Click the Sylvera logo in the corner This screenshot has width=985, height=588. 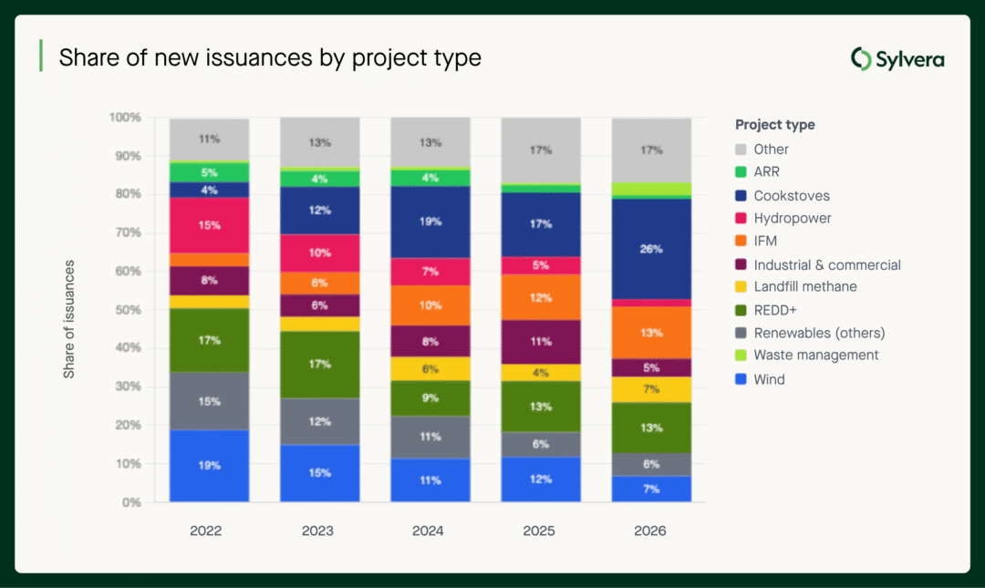(x=897, y=60)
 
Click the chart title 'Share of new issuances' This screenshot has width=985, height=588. (x=269, y=58)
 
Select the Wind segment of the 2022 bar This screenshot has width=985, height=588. (x=210, y=465)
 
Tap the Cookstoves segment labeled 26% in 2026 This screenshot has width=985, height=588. (x=651, y=249)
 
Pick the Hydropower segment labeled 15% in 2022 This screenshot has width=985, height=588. (x=210, y=225)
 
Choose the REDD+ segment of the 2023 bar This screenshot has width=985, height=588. (x=320, y=365)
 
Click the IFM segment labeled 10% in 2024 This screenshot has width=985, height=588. (x=430, y=305)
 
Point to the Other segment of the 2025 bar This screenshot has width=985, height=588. (x=541, y=150)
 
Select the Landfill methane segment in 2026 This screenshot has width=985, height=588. (x=651, y=389)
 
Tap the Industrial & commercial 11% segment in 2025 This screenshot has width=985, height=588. (x=541, y=342)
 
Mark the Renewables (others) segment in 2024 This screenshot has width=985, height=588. (x=430, y=437)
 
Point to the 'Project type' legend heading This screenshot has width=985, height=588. (x=775, y=125)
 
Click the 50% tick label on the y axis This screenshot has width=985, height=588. (x=125, y=310)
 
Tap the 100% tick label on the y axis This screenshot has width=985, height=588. (x=124, y=118)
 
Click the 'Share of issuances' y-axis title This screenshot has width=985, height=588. (x=69, y=319)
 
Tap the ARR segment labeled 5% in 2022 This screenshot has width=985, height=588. (x=210, y=172)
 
